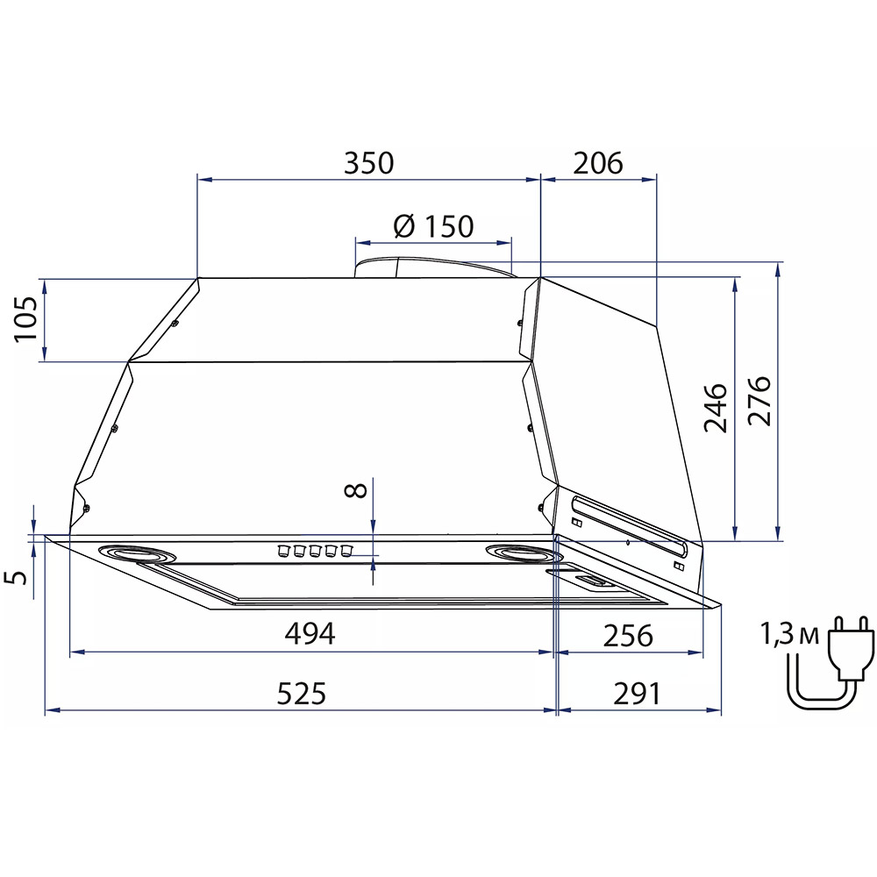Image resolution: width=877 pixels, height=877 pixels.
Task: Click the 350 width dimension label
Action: (368, 163)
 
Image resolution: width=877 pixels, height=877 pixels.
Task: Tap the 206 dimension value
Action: (598, 163)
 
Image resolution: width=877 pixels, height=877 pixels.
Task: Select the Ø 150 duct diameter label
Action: (433, 226)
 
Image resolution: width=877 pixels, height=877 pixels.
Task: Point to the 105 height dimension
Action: (25, 319)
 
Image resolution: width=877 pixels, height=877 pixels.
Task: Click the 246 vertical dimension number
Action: (716, 408)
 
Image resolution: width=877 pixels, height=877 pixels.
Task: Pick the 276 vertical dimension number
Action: (759, 401)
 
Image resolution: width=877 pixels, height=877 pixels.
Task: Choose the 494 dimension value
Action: (310, 634)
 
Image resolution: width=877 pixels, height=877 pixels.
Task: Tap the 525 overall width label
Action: (302, 694)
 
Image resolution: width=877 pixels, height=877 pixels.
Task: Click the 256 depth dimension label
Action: (628, 635)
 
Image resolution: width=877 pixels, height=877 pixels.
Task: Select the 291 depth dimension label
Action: (637, 694)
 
